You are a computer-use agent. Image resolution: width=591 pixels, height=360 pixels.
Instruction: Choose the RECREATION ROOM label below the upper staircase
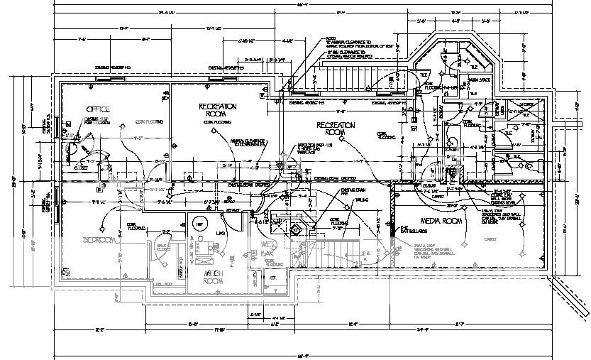335,129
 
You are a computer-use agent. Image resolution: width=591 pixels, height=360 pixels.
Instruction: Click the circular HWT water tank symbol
199,224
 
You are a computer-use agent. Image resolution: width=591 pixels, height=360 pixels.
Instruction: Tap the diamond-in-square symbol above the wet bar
292,229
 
